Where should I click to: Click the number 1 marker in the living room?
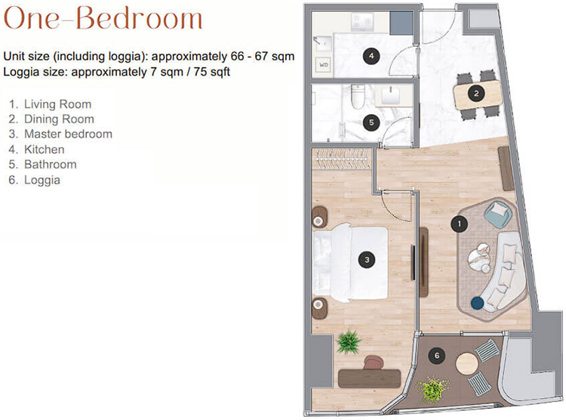(459, 224)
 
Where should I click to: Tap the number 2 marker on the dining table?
(476, 94)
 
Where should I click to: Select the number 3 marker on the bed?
(367, 260)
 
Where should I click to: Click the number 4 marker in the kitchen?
(371, 56)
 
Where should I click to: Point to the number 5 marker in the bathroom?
(371, 122)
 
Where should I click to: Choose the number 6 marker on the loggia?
(437, 356)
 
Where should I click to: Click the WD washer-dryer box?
(324, 65)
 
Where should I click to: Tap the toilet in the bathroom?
(358, 97)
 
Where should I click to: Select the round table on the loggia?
(466, 363)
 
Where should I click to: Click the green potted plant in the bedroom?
(349, 341)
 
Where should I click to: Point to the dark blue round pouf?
(478, 303)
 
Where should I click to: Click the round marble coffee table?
(479, 258)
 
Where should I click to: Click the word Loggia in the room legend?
(42, 180)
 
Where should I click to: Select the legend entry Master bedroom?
(68, 134)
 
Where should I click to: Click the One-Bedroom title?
(103, 18)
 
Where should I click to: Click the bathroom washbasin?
(391, 96)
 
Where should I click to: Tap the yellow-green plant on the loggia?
(432, 390)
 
